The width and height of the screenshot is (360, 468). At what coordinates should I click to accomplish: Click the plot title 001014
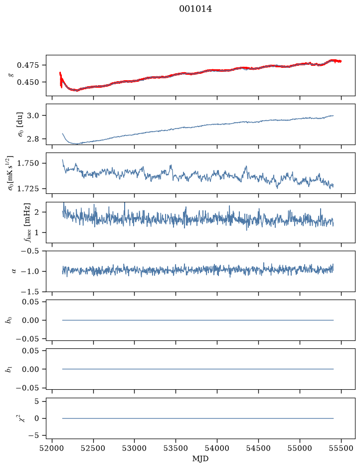[195, 9]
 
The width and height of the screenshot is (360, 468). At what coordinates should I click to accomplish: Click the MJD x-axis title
[200, 459]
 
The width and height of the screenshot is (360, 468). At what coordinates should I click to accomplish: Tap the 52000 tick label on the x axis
[52, 448]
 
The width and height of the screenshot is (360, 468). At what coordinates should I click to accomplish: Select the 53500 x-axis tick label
[176, 448]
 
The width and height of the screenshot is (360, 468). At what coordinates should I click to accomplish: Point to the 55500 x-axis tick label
[341, 448]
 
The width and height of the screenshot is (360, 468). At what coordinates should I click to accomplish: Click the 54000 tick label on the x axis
[217, 448]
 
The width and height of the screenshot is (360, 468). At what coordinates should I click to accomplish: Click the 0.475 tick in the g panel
[28, 65]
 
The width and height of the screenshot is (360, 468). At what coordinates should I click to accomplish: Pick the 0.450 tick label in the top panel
[28, 82]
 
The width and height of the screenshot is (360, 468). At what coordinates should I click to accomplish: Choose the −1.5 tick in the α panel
[30, 292]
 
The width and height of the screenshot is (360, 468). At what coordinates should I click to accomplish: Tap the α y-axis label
[14, 271]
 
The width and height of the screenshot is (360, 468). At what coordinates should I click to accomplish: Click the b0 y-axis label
[10, 320]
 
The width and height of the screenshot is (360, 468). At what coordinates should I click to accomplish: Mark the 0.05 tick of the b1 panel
[30, 351]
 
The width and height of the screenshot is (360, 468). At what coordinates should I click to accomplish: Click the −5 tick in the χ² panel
[34, 436]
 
